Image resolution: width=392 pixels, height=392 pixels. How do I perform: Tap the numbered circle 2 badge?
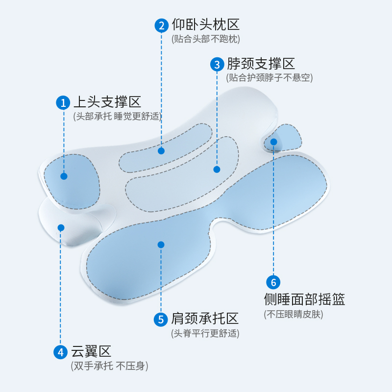click(162, 25)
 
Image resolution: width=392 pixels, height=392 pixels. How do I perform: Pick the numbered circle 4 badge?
click(61, 352)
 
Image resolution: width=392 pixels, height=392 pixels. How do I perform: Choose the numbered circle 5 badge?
click(161, 319)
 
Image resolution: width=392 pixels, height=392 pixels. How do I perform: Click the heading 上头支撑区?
click(107, 102)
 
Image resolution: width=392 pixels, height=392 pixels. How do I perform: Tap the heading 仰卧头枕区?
click(205, 24)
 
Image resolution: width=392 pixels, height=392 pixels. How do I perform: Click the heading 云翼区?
click(92, 351)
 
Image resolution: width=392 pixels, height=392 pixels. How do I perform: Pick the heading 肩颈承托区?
click(205, 319)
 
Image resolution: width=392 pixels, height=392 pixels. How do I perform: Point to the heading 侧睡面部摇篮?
click(304, 299)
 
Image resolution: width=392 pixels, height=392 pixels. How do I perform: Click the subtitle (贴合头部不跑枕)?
click(206, 39)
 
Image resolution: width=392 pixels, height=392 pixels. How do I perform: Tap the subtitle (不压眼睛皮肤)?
click(294, 314)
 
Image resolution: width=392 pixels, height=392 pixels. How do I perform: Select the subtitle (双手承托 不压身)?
click(109, 366)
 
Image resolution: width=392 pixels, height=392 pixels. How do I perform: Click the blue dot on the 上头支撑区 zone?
click(64, 176)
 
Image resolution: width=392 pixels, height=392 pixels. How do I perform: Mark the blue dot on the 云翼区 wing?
click(61, 227)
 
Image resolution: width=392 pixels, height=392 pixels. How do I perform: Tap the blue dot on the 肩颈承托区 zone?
click(161, 245)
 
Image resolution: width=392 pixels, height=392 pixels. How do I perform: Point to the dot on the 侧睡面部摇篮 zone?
click(273, 142)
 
